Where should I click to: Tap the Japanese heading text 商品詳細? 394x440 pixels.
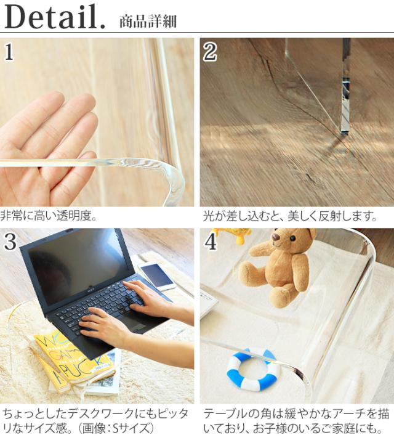[148, 22]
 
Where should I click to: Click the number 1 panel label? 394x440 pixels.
[9, 52]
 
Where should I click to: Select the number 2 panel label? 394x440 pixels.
[210, 52]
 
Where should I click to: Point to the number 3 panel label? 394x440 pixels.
[10, 242]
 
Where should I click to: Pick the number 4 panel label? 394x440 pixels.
[211, 242]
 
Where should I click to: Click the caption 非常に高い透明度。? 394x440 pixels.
[49, 216]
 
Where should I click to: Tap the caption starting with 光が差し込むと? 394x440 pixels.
[289, 216]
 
